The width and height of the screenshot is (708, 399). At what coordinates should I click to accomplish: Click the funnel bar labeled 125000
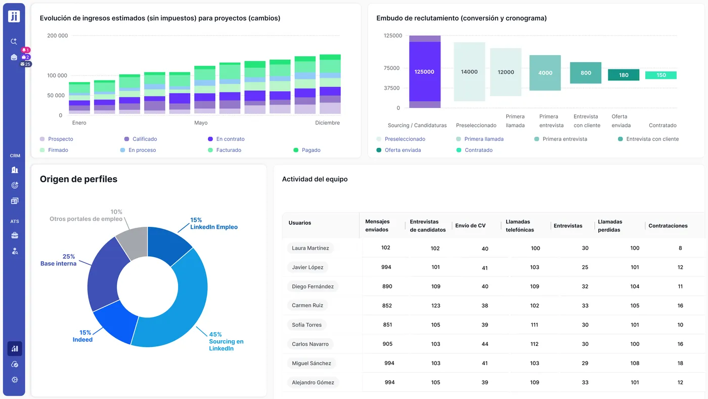pos(424,71)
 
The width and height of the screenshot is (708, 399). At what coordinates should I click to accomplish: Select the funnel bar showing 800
pos(586,73)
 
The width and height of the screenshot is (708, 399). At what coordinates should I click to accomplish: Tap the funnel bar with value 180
pos(624,75)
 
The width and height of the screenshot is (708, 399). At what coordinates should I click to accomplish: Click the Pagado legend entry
pos(311,150)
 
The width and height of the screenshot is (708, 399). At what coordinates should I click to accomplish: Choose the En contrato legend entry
pos(230,139)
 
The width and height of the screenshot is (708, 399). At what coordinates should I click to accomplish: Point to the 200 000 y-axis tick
pos(58,36)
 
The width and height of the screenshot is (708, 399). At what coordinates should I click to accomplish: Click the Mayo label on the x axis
pos(201,123)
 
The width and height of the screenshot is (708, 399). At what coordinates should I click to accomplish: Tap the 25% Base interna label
pos(58,260)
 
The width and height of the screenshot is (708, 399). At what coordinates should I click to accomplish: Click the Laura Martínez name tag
pos(311,248)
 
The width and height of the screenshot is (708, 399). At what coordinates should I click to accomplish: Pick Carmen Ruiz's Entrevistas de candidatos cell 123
pos(435,306)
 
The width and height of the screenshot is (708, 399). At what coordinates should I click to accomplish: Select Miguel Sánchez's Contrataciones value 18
pos(680,363)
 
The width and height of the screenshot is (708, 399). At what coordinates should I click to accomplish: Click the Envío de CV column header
pos(470,226)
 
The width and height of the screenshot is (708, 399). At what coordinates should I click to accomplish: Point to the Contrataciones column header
pos(668,226)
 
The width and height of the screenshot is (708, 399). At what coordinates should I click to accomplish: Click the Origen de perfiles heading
pos(78,179)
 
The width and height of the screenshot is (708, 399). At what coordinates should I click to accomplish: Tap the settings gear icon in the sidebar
pos(15,380)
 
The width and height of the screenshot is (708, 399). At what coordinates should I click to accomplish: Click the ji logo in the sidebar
pos(14,16)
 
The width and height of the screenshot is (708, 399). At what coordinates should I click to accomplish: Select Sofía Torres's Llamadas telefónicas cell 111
pos(535,325)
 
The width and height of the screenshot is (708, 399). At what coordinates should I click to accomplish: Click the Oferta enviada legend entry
pos(403,150)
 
